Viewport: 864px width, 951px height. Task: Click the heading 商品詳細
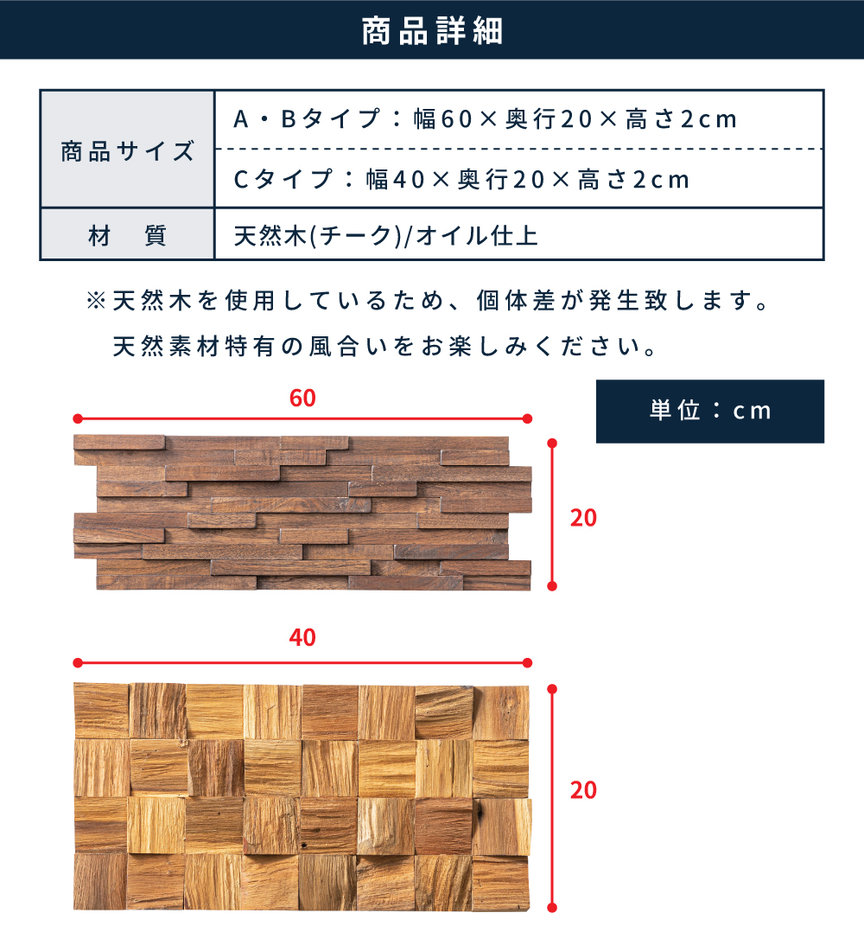(432, 31)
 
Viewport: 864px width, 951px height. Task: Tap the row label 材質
(127, 235)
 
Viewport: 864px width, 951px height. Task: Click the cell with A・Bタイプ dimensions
(486, 119)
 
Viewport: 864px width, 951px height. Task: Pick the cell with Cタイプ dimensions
(462, 179)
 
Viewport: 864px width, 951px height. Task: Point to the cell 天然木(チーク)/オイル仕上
(385, 235)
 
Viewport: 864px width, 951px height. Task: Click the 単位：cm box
(709, 411)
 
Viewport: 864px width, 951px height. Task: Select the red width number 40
(302, 638)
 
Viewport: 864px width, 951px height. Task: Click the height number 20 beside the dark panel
(583, 517)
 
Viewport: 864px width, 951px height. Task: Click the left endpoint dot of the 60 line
(77, 418)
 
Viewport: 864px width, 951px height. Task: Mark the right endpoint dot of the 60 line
(528, 418)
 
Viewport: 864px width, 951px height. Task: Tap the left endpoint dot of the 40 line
(77, 663)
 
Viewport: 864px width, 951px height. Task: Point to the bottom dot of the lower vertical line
(553, 908)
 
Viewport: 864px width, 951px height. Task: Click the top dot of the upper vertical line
(553, 443)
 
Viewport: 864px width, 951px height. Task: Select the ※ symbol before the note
(96, 302)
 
